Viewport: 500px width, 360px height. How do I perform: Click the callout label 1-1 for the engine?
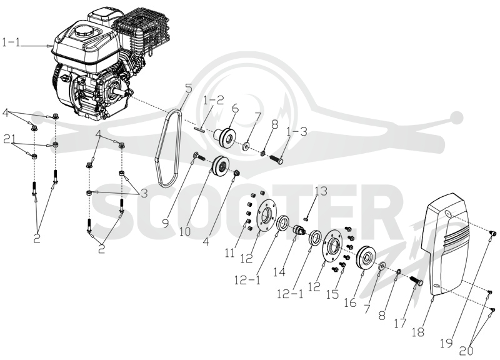11,42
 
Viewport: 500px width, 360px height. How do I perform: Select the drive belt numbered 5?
168,148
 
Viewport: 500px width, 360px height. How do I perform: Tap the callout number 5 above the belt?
189,88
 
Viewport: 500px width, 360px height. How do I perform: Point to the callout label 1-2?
214,100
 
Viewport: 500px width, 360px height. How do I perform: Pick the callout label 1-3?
297,131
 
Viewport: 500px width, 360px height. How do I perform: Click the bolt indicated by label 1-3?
277,159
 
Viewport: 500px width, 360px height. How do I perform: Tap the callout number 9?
166,223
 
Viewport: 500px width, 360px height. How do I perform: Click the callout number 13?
321,191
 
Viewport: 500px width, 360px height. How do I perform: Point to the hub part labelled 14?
299,229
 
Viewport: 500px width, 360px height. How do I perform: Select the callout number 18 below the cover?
418,332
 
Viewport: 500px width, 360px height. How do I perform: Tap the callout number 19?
446,343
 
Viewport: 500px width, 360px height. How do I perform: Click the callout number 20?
466,351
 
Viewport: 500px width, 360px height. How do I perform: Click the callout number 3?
144,193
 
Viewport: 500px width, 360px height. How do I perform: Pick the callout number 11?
229,252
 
